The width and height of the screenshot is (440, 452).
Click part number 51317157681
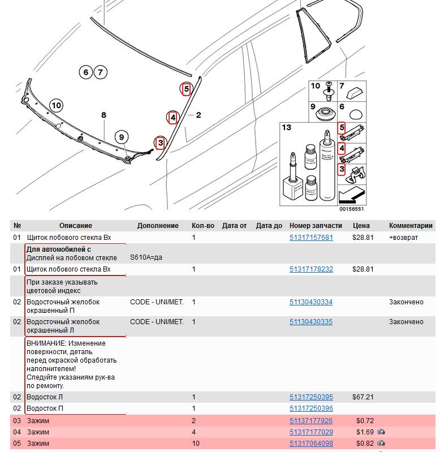[x=311, y=238]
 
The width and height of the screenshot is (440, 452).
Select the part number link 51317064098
[x=311, y=443]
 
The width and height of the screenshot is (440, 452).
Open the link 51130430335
[x=311, y=322]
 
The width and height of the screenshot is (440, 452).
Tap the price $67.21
[x=363, y=397]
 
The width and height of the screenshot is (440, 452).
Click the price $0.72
[x=365, y=421]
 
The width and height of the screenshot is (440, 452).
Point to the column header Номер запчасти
[x=316, y=225]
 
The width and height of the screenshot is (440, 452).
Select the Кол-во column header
[x=202, y=225]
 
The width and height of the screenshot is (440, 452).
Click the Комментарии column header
[x=411, y=225]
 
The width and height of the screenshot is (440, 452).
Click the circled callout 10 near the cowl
[x=55, y=105]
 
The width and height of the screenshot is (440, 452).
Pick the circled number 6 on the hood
[x=85, y=72]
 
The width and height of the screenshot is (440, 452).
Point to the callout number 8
[x=103, y=115]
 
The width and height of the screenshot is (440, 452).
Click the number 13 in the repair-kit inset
[x=287, y=127]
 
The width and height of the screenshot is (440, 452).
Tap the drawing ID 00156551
[x=351, y=209]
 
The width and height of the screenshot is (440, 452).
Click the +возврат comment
[x=403, y=238]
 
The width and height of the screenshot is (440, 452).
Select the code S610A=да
[x=146, y=258]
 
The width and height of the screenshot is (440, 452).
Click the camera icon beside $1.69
[x=382, y=432]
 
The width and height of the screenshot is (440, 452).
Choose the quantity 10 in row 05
[x=196, y=443]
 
